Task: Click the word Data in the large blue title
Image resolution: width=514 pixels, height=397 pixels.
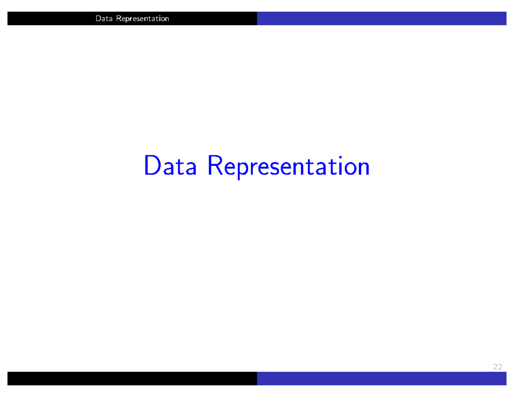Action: point(170,166)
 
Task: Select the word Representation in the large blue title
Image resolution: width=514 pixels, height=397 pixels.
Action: point(288,167)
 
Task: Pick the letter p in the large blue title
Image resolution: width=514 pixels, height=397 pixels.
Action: point(245,169)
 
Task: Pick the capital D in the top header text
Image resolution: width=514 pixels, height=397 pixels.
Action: point(98,18)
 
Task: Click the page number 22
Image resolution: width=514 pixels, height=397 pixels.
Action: point(497,367)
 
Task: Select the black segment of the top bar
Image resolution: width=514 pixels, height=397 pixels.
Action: point(51,18)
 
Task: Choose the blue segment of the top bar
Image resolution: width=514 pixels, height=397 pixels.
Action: point(381,18)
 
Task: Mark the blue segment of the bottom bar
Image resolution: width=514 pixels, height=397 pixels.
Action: point(381,379)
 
